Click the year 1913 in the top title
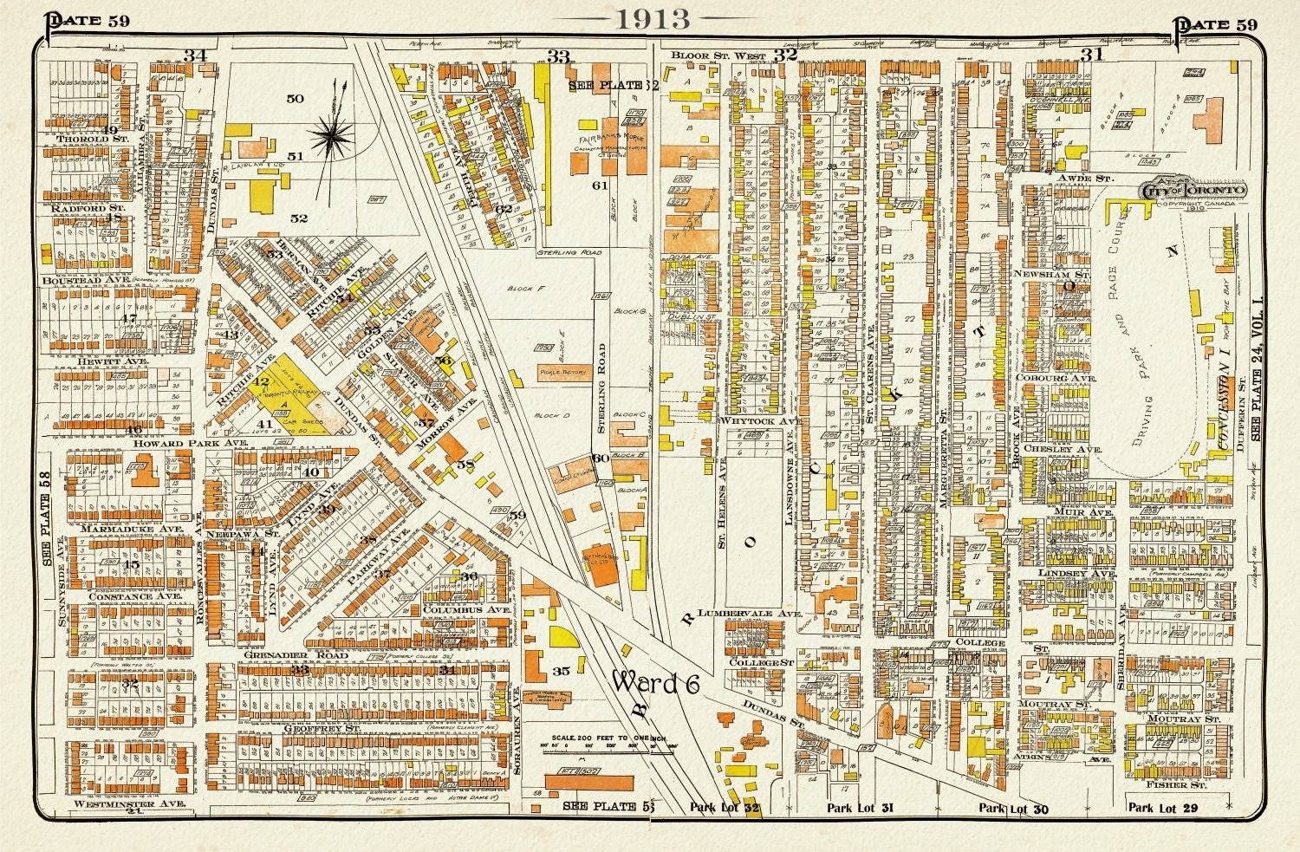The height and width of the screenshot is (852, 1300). [x=652, y=19]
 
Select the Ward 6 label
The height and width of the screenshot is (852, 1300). [x=655, y=682]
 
